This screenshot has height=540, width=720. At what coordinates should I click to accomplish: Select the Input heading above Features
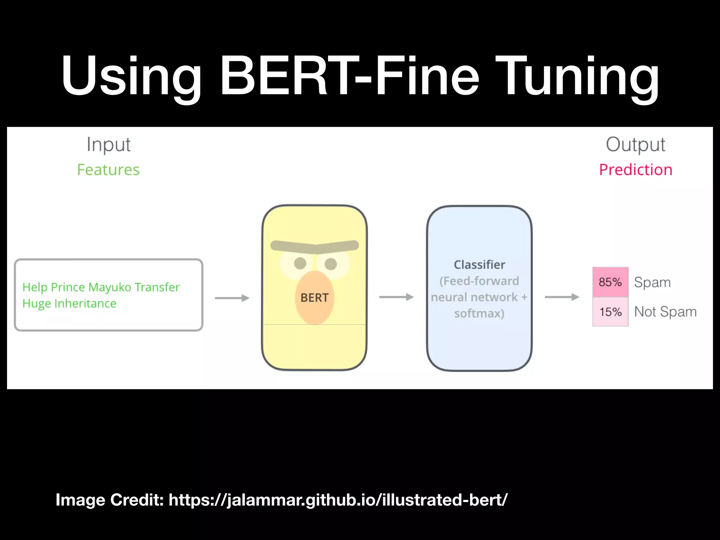coord(109,144)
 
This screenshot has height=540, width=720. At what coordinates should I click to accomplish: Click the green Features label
coord(108,170)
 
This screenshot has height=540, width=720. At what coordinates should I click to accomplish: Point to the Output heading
coord(635,144)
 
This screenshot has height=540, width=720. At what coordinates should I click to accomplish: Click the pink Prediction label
coord(636,170)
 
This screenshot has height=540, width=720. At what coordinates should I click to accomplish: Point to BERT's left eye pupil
coord(300,263)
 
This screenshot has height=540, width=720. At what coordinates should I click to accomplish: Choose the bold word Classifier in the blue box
coord(479,265)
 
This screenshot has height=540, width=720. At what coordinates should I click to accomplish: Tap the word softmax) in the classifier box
coord(479,313)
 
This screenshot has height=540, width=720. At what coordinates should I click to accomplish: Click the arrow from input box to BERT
coord(232,298)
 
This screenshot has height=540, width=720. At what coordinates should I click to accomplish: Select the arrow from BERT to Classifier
coord(396,297)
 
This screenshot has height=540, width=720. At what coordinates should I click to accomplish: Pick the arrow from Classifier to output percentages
coord(562,297)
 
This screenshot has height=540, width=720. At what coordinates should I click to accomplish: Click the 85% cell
coord(610,282)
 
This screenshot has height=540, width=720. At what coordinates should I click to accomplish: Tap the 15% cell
coord(610,312)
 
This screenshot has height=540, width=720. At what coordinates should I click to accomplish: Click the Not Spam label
coord(665,312)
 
